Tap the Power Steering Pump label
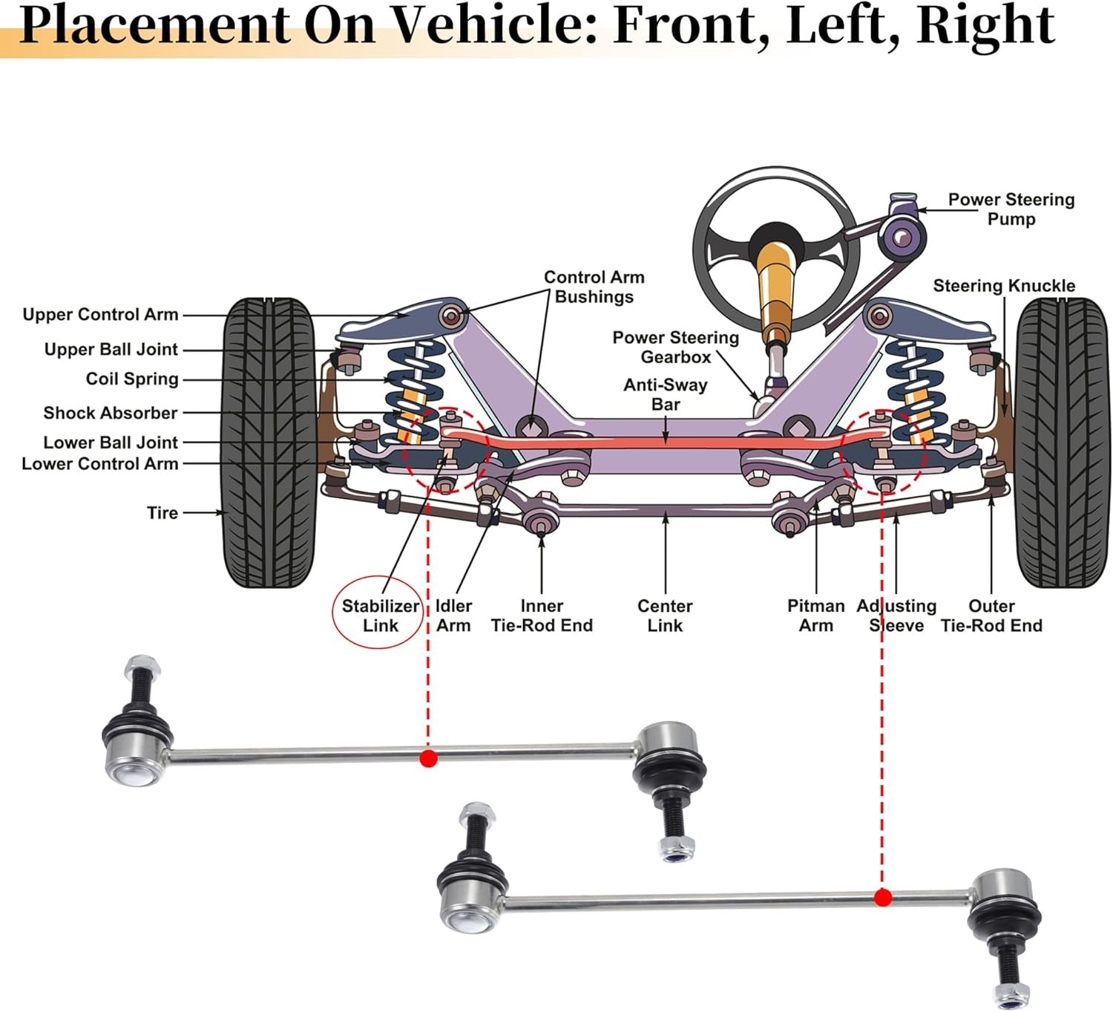pyautogui.click(x=1011, y=209)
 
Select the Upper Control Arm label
pyautogui.click(x=100, y=315)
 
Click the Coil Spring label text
pyautogui.click(x=132, y=379)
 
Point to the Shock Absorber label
pyautogui.click(x=110, y=413)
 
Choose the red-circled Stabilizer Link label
pyautogui.click(x=380, y=616)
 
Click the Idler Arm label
pyautogui.click(x=453, y=616)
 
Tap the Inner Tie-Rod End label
pyautogui.click(x=542, y=616)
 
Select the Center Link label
pyautogui.click(x=665, y=616)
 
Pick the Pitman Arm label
pyautogui.click(x=815, y=616)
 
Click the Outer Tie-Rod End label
pyautogui.click(x=991, y=616)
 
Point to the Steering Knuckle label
pyautogui.click(x=1003, y=286)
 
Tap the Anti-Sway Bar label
pyautogui.click(x=666, y=394)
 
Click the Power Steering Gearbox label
pyautogui.click(x=675, y=347)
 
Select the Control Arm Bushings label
pyautogui.click(x=594, y=287)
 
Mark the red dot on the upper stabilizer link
pyautogui.click(x=428, y=758)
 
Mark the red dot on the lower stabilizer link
pyautogui.click(x=882, y=898)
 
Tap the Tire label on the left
pyautogui.click(x=162, y=513)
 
